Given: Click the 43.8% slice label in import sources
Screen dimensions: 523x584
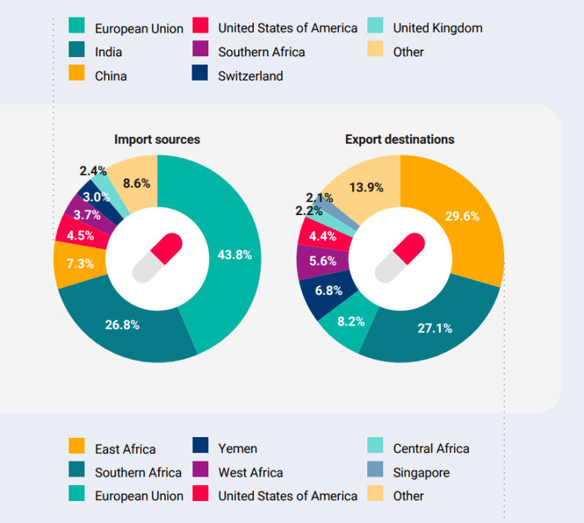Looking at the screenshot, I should [x=233, y=255].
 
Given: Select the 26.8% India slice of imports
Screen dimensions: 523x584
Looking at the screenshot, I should [x=122, y=325].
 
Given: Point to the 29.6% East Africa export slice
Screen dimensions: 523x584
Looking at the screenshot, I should [x=462, y=216].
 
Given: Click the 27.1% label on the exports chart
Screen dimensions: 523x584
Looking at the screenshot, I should [x=434, y=328].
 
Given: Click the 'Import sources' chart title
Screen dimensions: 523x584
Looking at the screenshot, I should [x=157, y=139].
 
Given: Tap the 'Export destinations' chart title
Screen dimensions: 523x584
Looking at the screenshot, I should [x=399, y=139].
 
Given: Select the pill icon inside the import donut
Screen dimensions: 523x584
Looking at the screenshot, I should [x=157, y=258].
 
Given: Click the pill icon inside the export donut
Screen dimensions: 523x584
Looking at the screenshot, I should [x=400, y=258].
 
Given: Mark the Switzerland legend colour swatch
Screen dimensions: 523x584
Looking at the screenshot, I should [x=200, y=75].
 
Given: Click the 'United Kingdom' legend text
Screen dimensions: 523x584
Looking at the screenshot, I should [x=437, y=28].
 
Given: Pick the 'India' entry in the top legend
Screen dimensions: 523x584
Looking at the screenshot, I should [x=108, y=52].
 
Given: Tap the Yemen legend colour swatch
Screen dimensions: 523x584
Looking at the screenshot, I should [x=200, y=448].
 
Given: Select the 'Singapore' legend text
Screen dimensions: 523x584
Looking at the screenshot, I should [x=421, y=472].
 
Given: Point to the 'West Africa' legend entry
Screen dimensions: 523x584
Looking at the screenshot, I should [x=250, y=472].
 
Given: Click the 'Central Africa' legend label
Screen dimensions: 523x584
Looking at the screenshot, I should [x=431, y=448].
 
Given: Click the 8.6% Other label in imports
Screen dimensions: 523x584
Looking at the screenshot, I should [x=136, y=182].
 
